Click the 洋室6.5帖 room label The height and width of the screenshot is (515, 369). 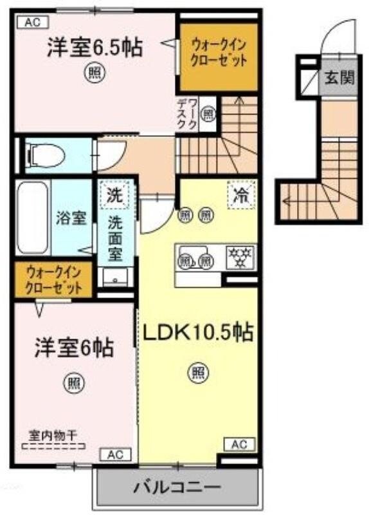94,48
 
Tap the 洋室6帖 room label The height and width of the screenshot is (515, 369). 74,348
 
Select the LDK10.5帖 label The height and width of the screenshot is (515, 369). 197,332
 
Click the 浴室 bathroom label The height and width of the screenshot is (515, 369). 71,218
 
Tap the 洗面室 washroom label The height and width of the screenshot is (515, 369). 116,236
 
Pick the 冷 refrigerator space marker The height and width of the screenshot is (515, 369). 240,194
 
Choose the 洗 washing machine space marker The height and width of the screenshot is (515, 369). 114,192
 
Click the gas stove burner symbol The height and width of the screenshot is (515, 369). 241,258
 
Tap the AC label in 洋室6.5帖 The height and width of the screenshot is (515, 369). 33,23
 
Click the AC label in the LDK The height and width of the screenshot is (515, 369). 239,444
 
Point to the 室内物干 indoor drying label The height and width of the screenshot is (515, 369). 53,435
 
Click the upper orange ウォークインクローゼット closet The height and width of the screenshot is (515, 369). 209,56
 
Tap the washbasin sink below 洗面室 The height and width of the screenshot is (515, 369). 116,277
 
